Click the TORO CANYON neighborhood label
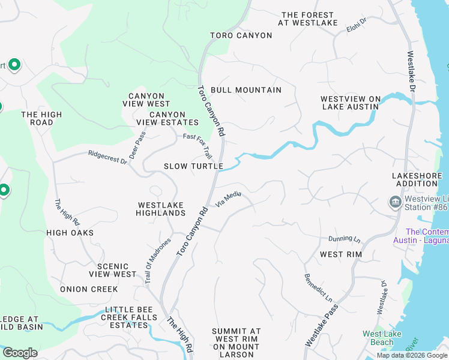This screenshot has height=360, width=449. click(x=241, y=35)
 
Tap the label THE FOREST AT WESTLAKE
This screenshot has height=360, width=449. click(x=307, y=19)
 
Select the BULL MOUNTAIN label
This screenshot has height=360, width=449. click(x=246, y=90)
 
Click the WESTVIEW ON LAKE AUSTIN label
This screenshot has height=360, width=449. click(x=350, y=103)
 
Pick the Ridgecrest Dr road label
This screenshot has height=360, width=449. click(x=108, y=157)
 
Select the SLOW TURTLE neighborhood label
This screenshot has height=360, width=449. click(x=193, y=166)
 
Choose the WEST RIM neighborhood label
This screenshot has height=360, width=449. click(x=340, y=254)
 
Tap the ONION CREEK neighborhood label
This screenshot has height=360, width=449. click(x=89, y=289)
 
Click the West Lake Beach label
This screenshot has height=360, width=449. click(x=378, y=338)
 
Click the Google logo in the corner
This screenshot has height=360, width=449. click(x=20, y=353)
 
